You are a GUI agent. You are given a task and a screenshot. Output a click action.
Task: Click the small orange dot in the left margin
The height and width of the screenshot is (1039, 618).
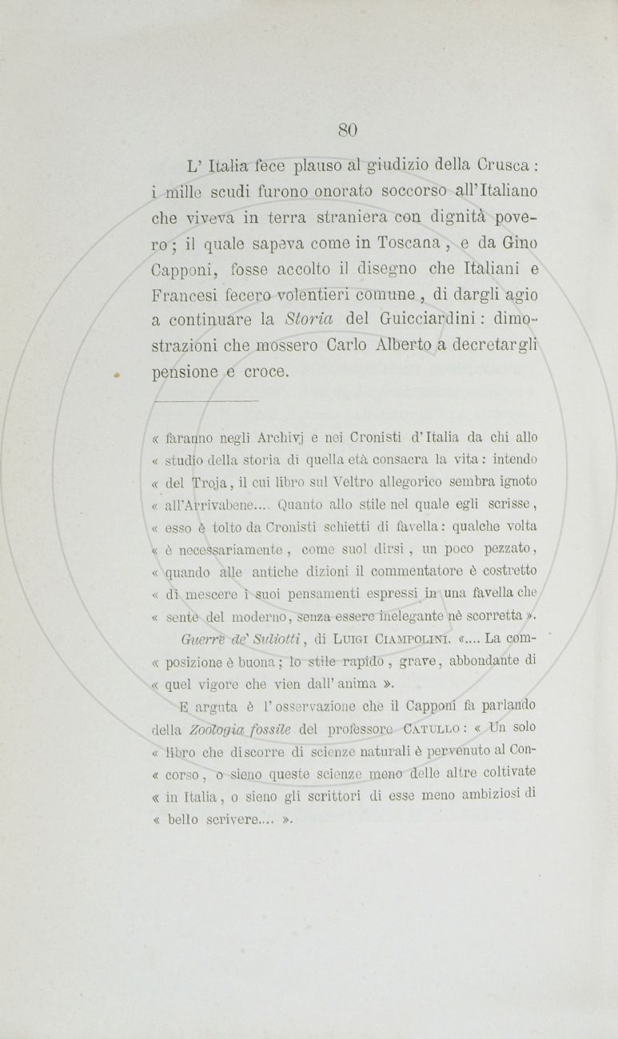(x=118, y=372)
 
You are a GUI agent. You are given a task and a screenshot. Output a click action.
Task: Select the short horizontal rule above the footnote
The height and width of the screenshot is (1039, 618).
(x=205, y=401)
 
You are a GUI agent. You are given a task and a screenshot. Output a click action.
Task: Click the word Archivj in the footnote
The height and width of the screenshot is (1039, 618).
(x=286, y=437)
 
